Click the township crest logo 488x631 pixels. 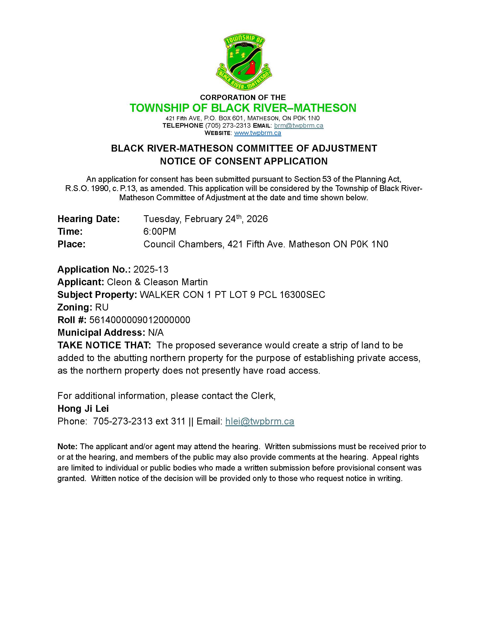[x=244, y=62]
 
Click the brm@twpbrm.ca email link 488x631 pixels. [x=298, y=126]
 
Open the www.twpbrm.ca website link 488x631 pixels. [x=257, y=133]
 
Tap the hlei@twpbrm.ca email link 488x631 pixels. [x=260, y=421]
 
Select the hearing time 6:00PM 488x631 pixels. [x=160, y=231]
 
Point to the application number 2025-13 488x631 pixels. [x=151, y=269]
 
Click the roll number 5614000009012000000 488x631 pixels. [x=140, y=320]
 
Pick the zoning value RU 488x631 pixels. [x=102, y=307]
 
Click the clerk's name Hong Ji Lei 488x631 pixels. [x=83, y=409]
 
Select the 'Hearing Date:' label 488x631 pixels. [x=88, y=219]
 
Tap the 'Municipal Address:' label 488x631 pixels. [x=101, y=333]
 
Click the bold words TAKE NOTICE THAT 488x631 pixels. [x=104, y=345]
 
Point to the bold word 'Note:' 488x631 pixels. [x=67, y=446]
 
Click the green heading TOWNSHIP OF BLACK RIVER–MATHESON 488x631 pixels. [x=243, y=108]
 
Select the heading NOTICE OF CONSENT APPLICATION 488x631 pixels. [x=244, y=161]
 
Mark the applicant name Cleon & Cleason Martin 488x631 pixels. [x=157, y=282]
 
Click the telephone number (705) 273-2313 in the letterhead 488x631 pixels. [x=228, y=126]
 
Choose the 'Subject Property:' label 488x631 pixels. [x=97, y=295]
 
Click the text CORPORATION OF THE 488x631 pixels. [x=243, y=97]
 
